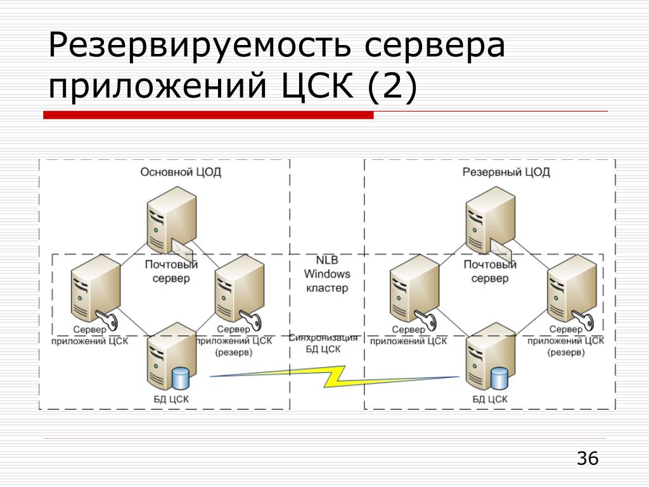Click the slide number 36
[588, 458]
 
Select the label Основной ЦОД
[181, 172]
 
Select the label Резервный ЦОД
[506, 172]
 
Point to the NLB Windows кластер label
[327, 275]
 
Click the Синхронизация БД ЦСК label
[323, 343]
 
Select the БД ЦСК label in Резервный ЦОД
[490, 399]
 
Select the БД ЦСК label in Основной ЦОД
[170, 399]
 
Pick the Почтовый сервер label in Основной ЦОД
[171, 271]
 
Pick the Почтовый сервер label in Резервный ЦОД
[490, 271]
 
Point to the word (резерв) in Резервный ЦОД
[566, 353]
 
